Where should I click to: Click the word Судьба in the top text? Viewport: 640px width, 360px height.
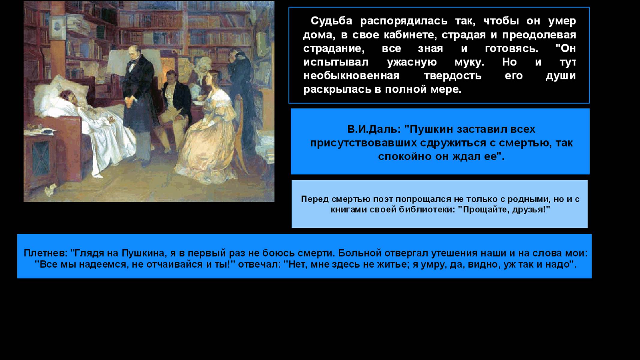(x=331, y=21)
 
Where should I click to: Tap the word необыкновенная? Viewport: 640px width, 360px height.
(x=351, y=76)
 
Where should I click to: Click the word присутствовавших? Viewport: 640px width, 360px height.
(x=363, y=143)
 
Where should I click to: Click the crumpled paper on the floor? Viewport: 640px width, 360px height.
(x=51, y=189)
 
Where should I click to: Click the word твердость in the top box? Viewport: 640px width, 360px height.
(x=452, y=76)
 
